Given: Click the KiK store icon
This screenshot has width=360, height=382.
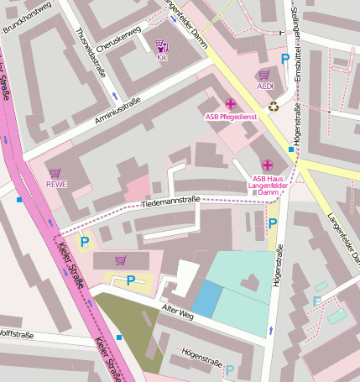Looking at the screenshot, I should [x=161, y=46].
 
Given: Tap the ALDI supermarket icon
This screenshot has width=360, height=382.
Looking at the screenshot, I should [x=264, y=75].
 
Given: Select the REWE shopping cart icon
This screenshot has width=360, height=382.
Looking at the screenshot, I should [x=55, y=173].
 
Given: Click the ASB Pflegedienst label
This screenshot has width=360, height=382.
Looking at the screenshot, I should [x=231, y=117].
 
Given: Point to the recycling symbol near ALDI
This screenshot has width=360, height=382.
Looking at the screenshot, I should [x=274, y=107].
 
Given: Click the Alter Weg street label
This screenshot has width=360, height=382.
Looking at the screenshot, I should [x=178, y=315].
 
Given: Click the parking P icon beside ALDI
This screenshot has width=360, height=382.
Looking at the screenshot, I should [x=286, y=60].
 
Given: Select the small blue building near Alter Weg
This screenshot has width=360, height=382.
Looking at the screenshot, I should [x=208, y=299].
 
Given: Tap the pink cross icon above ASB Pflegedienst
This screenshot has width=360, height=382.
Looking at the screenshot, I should [x=231, y=104].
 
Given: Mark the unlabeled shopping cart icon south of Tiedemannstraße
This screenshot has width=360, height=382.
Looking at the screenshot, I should [x=120, y=260].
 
